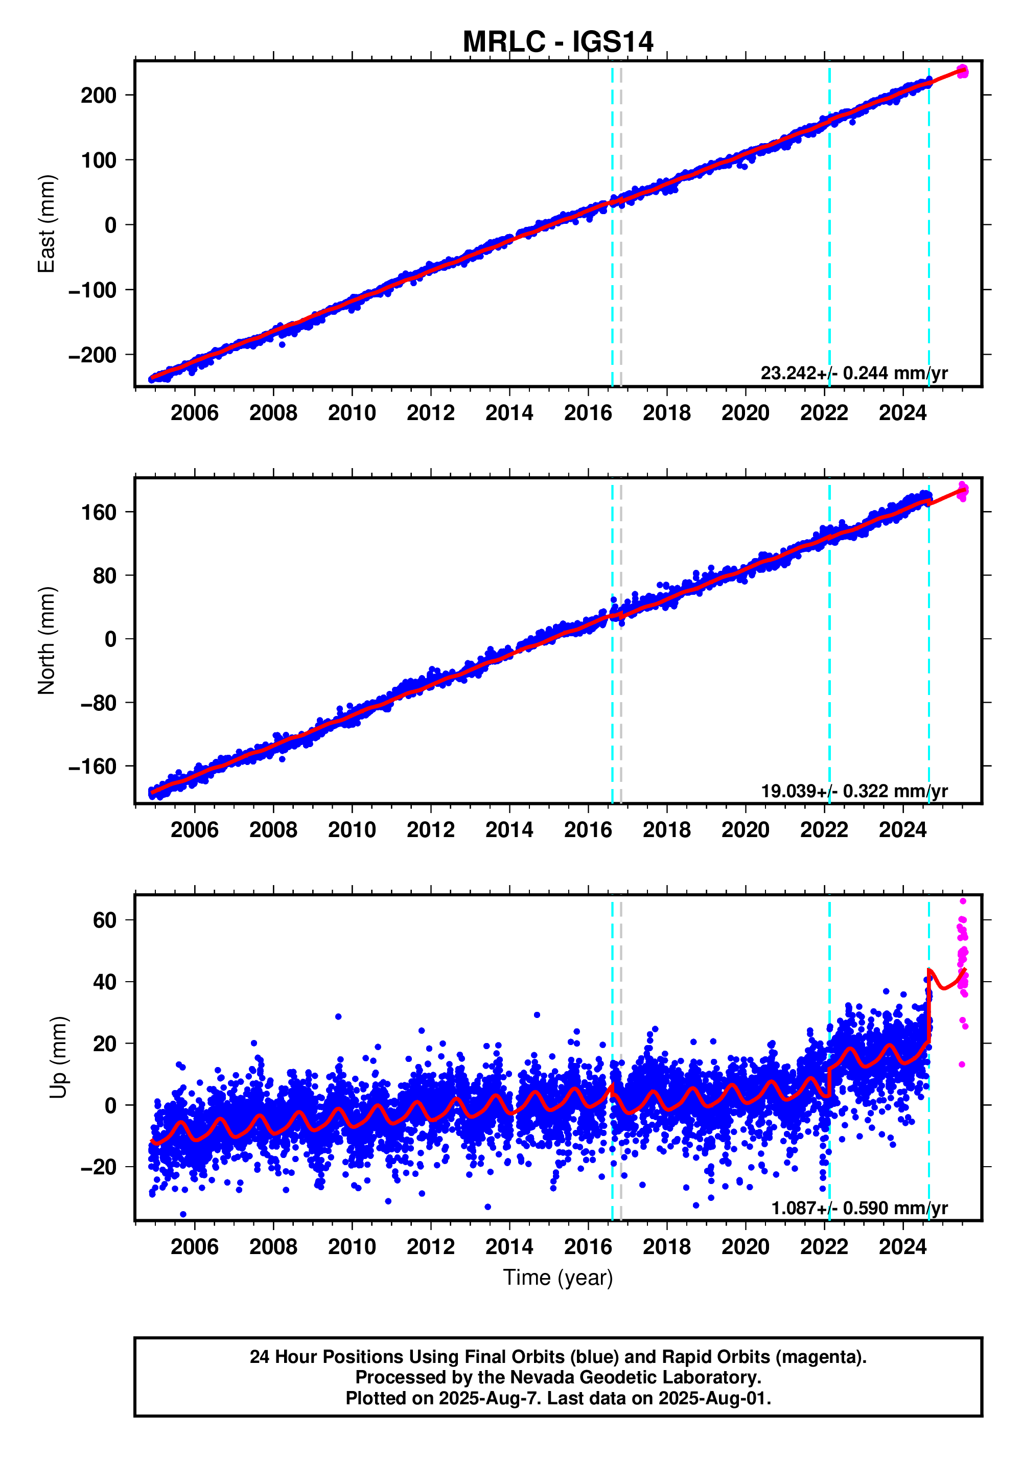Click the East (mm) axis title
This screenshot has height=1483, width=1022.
coord(47,224)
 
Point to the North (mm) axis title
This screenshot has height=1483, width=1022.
coord(47,641)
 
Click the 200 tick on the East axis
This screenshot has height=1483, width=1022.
coord(99,96)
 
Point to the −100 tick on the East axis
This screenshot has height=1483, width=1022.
coord(93,290)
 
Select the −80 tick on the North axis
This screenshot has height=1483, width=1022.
coord(99,703)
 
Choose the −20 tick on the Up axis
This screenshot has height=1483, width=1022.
coord(99,1167)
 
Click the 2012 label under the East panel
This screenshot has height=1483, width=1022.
coord(430,413)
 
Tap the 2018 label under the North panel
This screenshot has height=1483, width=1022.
coord(667,830)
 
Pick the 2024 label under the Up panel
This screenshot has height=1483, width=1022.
coord(902,1247)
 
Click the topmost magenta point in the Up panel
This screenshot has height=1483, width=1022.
coord(962,901)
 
